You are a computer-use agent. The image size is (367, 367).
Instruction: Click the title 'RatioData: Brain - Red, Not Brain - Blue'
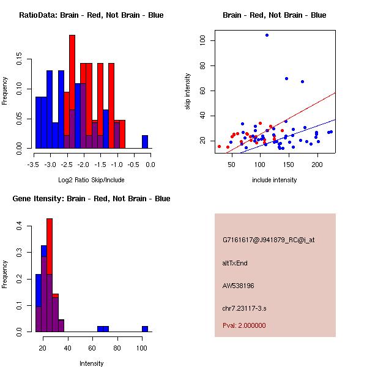point(91,15)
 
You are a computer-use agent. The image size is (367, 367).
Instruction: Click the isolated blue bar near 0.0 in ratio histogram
point(145,142)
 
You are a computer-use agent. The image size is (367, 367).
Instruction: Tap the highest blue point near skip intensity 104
point(267,35)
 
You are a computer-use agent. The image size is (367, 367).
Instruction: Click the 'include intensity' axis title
point(275,180)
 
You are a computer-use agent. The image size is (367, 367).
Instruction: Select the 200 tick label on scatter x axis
point(317,165)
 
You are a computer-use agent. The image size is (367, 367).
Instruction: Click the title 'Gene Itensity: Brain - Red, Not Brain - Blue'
point(91,199)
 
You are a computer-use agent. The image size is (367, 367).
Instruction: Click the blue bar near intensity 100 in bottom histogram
point(145,328)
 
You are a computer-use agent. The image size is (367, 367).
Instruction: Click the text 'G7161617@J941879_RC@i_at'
point(269,240)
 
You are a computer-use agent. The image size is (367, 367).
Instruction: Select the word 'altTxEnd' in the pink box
point(235,263)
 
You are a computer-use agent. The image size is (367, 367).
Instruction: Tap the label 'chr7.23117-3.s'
point(244,308)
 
